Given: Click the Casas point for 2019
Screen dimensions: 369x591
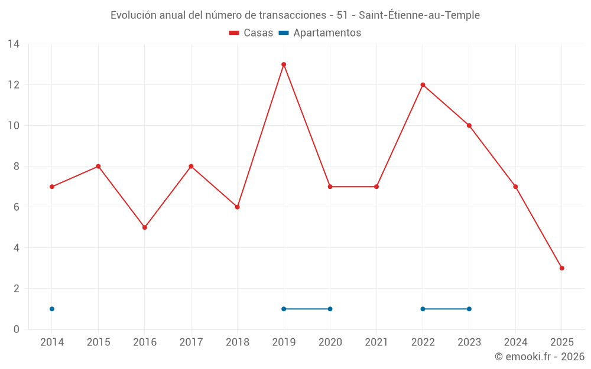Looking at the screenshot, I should click(284, 64).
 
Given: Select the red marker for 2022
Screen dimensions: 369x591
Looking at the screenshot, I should click(423, 85).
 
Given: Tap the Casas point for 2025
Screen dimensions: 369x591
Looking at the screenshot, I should click(561, 268).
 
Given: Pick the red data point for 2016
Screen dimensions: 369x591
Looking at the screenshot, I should click(145, 227).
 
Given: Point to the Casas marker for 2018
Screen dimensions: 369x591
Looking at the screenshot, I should click(237, 207).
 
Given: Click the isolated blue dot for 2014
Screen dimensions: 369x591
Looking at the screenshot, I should click(52, 309).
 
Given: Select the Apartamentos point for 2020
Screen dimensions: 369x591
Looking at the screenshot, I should click(330, 309).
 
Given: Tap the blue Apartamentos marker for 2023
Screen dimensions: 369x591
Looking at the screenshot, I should click(469, 309).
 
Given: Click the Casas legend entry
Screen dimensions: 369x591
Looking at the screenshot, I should click(251, 33).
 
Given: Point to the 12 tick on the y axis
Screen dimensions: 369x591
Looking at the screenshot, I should click(13, 85).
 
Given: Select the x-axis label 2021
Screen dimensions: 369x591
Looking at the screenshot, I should click(376, 342).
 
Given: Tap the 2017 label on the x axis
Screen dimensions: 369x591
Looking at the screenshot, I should click(191, 342).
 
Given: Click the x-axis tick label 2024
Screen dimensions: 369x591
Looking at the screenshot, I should click(515, 342).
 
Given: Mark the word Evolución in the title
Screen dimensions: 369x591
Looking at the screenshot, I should click(134, 15).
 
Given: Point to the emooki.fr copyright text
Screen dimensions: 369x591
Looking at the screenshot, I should click(540, 357).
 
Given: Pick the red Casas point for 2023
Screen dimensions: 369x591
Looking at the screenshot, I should click(469, 126).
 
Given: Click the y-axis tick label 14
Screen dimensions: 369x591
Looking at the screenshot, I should click(13, 44).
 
